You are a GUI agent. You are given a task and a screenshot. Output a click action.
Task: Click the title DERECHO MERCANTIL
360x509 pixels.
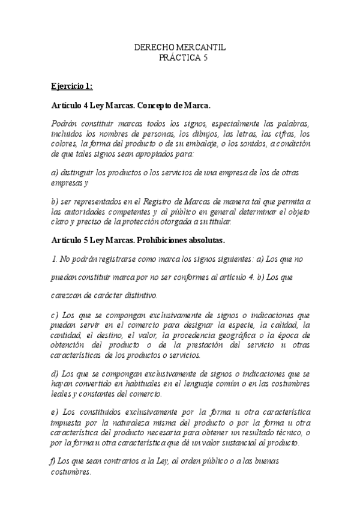click(x=180, y=47)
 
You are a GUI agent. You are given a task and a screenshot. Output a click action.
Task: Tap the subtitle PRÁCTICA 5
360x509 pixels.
click(x=180, y=57)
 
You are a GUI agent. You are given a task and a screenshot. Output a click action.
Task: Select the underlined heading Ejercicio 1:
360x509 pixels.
click(x=72, y=86)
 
